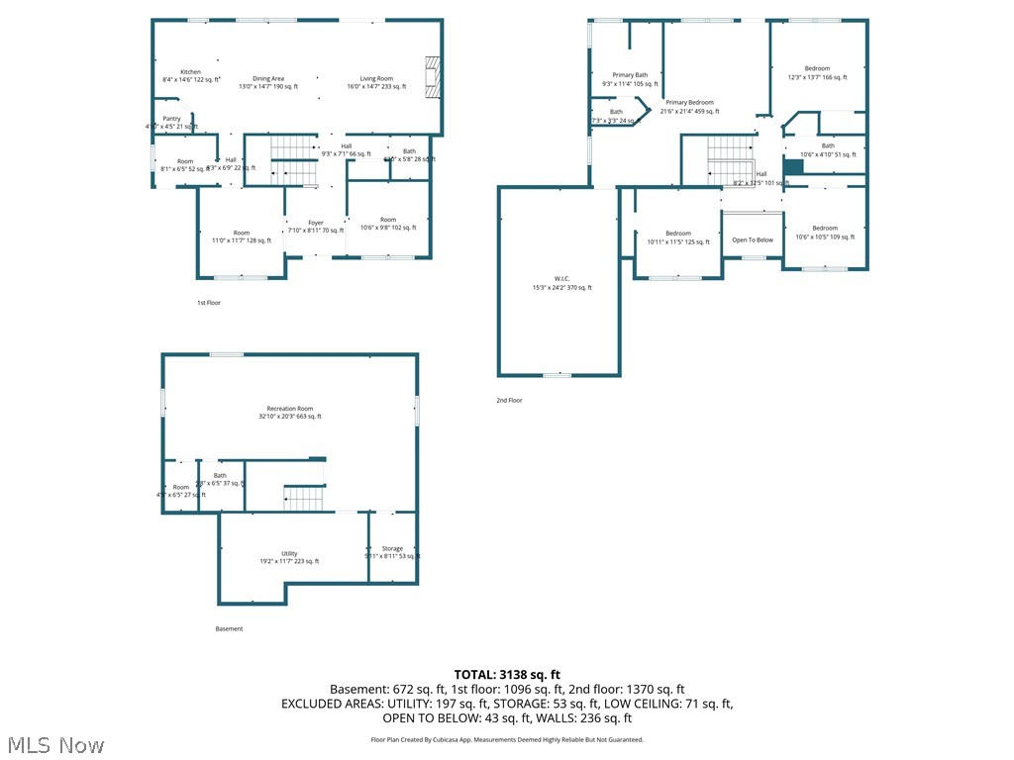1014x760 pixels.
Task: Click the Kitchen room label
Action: pos(190,72)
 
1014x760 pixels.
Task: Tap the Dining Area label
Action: pos(268,79)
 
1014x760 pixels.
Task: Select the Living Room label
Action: pos(376,79)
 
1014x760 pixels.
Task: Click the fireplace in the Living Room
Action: pos(431,79)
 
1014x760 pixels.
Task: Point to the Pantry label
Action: pos(172,119)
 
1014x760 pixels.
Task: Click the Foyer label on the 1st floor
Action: pos(316,223)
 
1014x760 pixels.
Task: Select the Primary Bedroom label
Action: pos(689,103)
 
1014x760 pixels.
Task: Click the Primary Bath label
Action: pos(630,75)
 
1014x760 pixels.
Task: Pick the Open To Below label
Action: pos(753,239)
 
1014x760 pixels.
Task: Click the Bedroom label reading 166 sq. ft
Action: pos(817,68)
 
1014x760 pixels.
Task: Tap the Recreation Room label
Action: pos(290,409)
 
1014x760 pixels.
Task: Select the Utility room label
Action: pos(289,554)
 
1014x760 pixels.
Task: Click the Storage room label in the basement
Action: pos(392,549)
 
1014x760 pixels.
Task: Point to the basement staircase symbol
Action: pos(304,498)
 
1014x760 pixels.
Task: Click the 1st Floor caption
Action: pos(208,303)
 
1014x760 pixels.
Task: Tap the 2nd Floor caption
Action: pos(509,401)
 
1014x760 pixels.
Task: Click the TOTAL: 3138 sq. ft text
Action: pos(506,674)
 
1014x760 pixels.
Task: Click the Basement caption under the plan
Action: pos(229,629)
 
